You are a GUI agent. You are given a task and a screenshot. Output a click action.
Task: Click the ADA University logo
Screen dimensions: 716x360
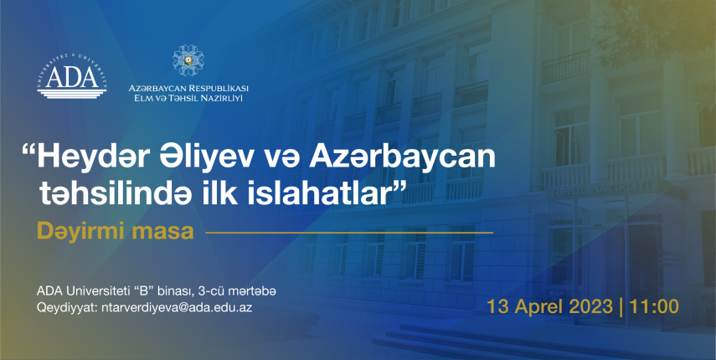[x=72, y=76]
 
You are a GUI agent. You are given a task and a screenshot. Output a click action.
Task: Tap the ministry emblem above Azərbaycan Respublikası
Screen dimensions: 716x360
[x=188, y=60]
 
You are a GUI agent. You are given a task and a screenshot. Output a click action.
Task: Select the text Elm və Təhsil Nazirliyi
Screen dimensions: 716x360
[x=185, y=97]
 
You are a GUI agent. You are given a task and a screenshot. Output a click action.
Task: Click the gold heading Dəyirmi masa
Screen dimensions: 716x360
[x=115, y=231]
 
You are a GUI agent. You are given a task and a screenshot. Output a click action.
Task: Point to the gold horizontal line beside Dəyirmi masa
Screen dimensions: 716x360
[x=349, y=233]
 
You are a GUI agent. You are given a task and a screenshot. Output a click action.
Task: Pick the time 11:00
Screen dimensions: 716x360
[x=654, y=306]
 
